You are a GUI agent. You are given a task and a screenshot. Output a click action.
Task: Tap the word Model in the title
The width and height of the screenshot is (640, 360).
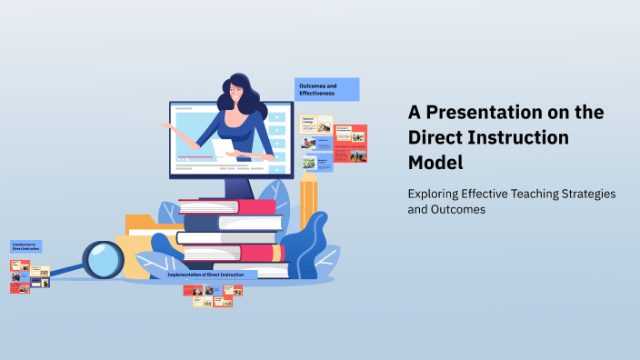(435, 163)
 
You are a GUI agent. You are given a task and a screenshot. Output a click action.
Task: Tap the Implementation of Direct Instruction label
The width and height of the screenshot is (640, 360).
(212, 274)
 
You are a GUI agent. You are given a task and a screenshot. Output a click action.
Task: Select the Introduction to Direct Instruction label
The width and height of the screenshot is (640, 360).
(25, 246)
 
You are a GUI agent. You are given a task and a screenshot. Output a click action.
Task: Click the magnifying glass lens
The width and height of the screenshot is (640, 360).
(104, 260)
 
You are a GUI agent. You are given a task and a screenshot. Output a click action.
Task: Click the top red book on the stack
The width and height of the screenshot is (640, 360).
(227, 206)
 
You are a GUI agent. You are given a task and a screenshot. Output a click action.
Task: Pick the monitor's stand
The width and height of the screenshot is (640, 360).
(238, 187)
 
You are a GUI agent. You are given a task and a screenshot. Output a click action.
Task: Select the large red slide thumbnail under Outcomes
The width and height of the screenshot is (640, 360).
(351, 133)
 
